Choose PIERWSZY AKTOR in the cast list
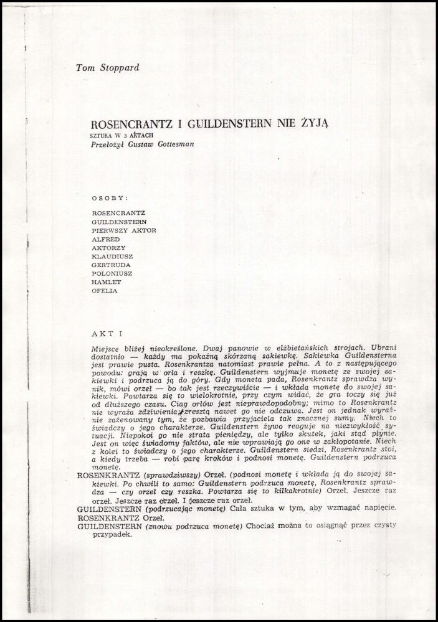[x=123, y=230]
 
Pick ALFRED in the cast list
[x=105, y=238]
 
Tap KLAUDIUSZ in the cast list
[x=112, y=255]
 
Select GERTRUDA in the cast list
[x=110, y=264]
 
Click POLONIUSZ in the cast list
[x=112, y=273]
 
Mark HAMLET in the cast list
[x=106, y=281]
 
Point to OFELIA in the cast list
[x=104, y=290]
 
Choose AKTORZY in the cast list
[x=108, y=247]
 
